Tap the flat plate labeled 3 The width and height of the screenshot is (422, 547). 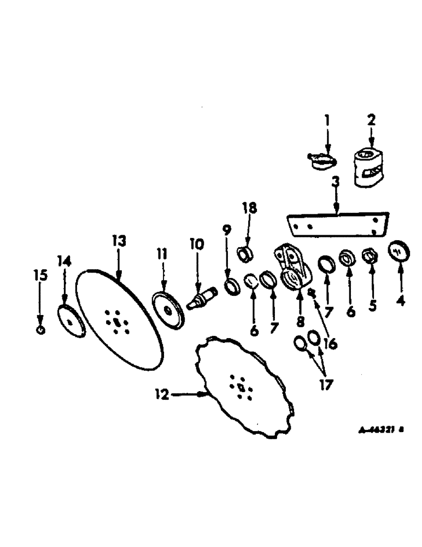point(338,226)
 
